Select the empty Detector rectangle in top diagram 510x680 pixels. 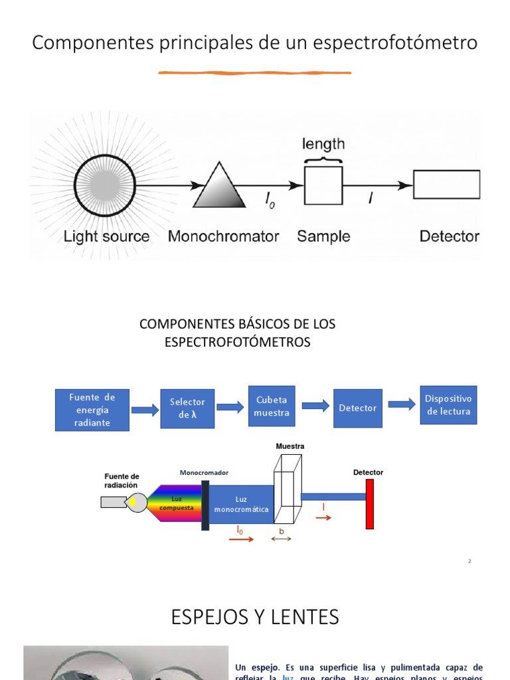pyautogui.click(x=446, y=185)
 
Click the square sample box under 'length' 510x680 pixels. pyautogui.click(x=323, y=185)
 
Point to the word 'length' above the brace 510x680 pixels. pyautogui.click(x=323, y=143)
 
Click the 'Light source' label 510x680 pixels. pyautogui.click(x=106, y=236)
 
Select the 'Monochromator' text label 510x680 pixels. pyautogui.click(x=223, y=236)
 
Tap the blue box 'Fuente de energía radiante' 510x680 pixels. pyautogui.click(x=92, y=410)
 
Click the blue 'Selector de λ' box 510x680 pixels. pyautogui.click(x=187, y=408)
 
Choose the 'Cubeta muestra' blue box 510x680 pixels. pyautogui.click(x=272, y=406)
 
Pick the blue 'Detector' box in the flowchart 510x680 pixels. pyautogui.click(x=357, y=408)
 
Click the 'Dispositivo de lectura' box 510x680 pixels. pyautogui.click(x=448, y=405)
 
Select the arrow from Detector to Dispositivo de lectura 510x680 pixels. pyautogui.click(x=402, y=404)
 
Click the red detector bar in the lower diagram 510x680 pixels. pyautogui.click(x=370, y=504)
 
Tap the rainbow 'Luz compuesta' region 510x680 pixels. pyautogui.click(x=176, y=503)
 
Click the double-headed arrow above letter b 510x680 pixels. pyautogui.click(x=282, y=539)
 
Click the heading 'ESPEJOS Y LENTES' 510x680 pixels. pyautogui.click(x=255, y=617)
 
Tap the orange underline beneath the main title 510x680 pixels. pyautogui.click(x=254, y=72)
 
